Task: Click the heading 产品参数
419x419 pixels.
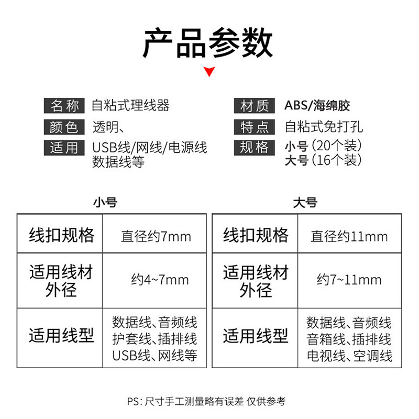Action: tap(208, 43)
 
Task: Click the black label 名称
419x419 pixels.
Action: tap(64, 106)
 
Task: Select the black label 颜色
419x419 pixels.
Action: tap(64, 127)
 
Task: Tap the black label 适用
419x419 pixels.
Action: tap(64, 148)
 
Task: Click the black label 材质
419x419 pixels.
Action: tap(255, 106)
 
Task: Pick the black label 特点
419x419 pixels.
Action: tap(255, 127)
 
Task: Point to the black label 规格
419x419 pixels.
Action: tap(255, 148)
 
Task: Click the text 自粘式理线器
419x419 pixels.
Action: tap(131, 105)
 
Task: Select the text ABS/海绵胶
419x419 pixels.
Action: tap(317, 105)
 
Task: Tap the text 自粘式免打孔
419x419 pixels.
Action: tap(324, 126)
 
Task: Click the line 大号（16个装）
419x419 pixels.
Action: tap(323, 160)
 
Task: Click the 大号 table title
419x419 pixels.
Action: tap(305, 202)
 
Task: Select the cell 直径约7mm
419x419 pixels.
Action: tap(156, 236)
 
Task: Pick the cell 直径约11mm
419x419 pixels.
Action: tap(349, 236)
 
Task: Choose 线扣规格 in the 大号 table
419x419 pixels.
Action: tap(256, 235)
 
